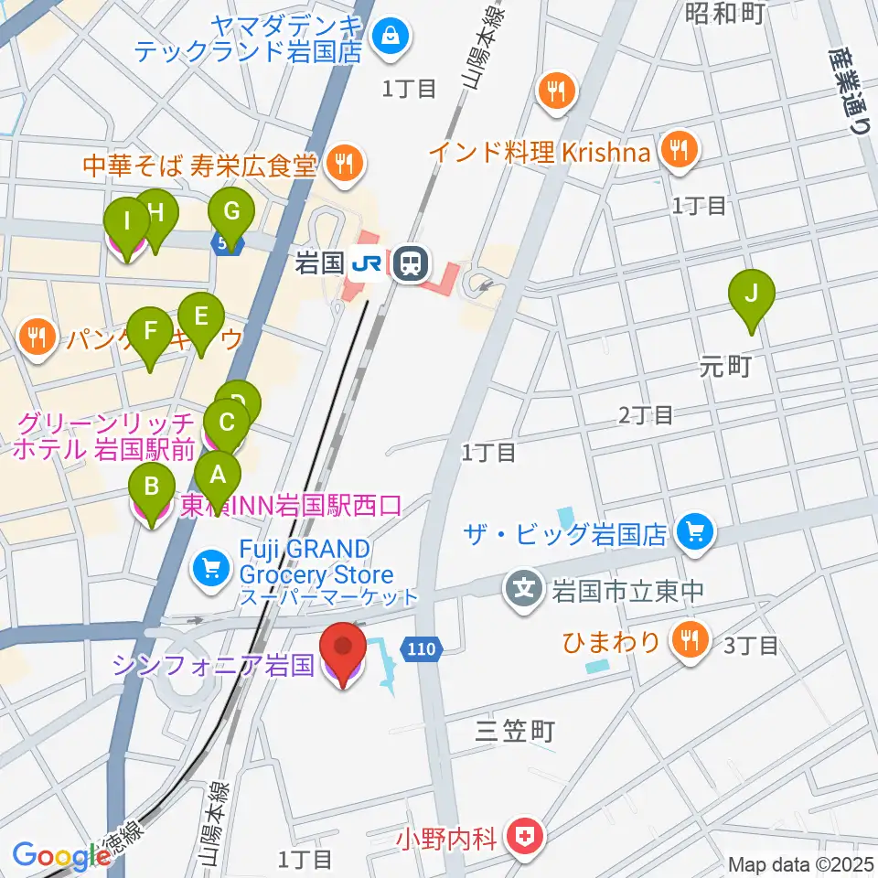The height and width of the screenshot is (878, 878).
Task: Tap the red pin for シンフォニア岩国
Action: pyautogui.click(x=344, y=652)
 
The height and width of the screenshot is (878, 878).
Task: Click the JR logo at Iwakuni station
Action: pyautogui.click(x=368, y=265)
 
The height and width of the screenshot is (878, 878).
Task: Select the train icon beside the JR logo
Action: pyautogui.click(x=410, y=265)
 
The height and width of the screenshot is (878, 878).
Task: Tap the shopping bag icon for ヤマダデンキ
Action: pyautogui.click(x=391, y=37)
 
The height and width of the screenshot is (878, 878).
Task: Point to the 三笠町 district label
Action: pyautogui.click(x=516, y=731)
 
